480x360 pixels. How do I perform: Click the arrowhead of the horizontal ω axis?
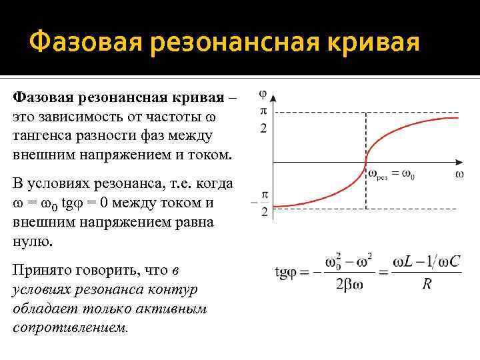pyautogui.click(x=461, y=161)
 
